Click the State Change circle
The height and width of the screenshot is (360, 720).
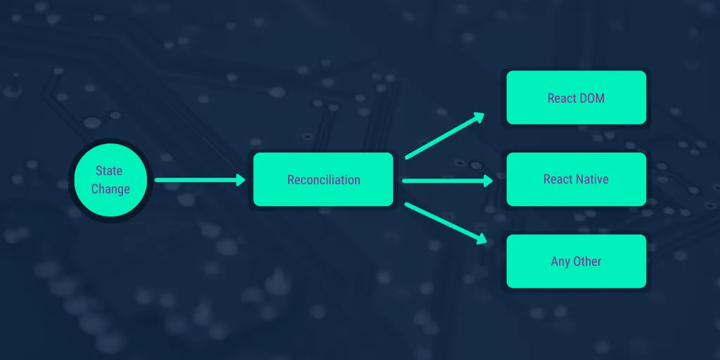pos(110,180)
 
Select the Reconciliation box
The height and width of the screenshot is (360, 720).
pos(323,179)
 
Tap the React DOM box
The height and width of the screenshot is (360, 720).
pos(577,97)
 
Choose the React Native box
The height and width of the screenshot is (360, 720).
pos(577,179)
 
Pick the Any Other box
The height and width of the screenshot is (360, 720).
pos(577,262)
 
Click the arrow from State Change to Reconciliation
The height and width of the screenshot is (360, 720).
pos(200,180)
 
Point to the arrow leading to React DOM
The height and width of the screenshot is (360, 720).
pos(444,136)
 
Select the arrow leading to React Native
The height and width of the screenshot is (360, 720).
pos(448,181)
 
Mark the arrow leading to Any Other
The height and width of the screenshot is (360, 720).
pos(445,223)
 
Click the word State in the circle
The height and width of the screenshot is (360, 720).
pos(109,171)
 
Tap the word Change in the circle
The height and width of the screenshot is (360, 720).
pos(110,189)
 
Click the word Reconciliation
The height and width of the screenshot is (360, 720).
pos(323,179)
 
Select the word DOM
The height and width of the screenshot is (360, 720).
pos(592,98)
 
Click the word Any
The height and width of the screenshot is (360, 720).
pos(560,262)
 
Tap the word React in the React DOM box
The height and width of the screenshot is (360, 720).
pos(562,98)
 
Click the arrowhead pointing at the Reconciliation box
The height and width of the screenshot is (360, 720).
pos(241,180)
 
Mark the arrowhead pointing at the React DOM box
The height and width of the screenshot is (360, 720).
pos(480,117)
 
